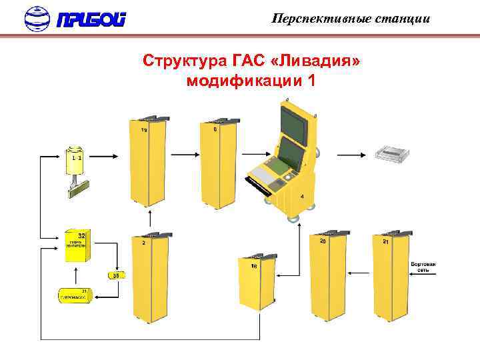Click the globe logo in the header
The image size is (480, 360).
click(37, 19)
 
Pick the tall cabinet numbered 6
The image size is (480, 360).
click(219, 163)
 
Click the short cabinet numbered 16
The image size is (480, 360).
click(257, 283)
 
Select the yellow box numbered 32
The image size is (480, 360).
click(78, 245)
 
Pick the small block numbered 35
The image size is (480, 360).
click(115, 275)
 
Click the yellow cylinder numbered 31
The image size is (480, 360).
click(75, 294)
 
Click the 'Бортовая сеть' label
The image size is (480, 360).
click(423, 267)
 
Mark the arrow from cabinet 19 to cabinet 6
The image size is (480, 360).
click(183, 155)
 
